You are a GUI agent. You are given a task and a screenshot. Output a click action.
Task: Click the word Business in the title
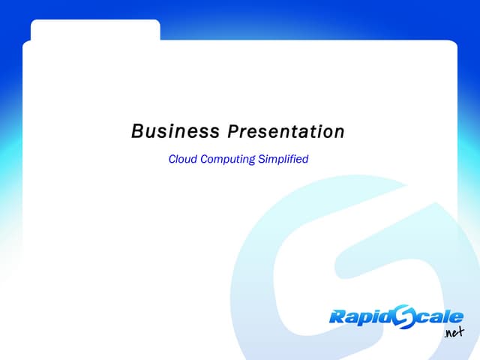[x=175, y=131]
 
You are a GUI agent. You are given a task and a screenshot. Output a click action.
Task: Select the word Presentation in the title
[x=286, y=131]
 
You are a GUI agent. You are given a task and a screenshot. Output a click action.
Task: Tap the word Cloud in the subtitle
[x=183, y=159]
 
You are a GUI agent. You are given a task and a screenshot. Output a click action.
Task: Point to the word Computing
[x=228, y=160]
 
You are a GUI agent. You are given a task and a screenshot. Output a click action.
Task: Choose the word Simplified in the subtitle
[x=283, y=160]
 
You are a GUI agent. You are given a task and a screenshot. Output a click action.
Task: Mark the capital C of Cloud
[x=173, y=159]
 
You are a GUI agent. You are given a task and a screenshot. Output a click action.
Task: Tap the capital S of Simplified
[x=262, y=159]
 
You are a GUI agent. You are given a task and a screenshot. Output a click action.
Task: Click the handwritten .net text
[x=454, y=332]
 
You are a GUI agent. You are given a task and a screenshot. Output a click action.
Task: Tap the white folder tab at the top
[x=95, y=30]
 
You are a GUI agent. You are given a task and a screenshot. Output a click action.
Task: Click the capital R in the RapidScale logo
[x=337, y=316]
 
